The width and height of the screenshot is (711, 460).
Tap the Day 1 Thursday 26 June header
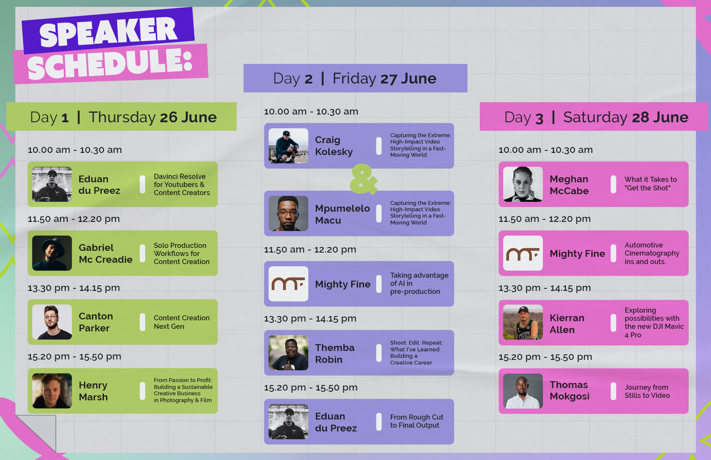click(122, 117)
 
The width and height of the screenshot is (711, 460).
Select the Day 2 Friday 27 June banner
click(355, 78)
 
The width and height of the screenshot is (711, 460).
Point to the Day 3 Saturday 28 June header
click(593, 117)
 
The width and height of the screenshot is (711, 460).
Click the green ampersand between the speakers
click(364, 179)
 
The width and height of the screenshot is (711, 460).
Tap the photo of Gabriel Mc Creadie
click(52, 253)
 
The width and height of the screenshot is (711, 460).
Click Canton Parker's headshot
click(52, 322)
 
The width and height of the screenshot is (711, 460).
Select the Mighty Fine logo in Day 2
click(288, 284)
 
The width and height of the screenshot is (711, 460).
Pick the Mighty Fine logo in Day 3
click(523, 253)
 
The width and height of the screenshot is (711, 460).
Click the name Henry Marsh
click(93, 391)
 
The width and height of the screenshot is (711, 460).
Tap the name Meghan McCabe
click(569, 185)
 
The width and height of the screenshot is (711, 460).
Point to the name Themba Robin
click(335, 354)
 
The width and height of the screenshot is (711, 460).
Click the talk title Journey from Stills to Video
click(647, 391)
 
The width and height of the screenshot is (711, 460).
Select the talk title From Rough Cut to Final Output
click(417, 421)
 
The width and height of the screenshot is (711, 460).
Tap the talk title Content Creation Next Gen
click(181, 322)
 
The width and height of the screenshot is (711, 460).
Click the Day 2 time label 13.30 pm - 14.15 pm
click(310, 319)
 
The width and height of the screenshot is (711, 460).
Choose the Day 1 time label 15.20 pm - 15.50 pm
click(74, 356)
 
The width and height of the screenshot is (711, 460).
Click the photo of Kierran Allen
click(523, 322)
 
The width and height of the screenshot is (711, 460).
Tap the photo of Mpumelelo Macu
click(288, 213)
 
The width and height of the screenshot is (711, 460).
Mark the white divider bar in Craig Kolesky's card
click(378, 146)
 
